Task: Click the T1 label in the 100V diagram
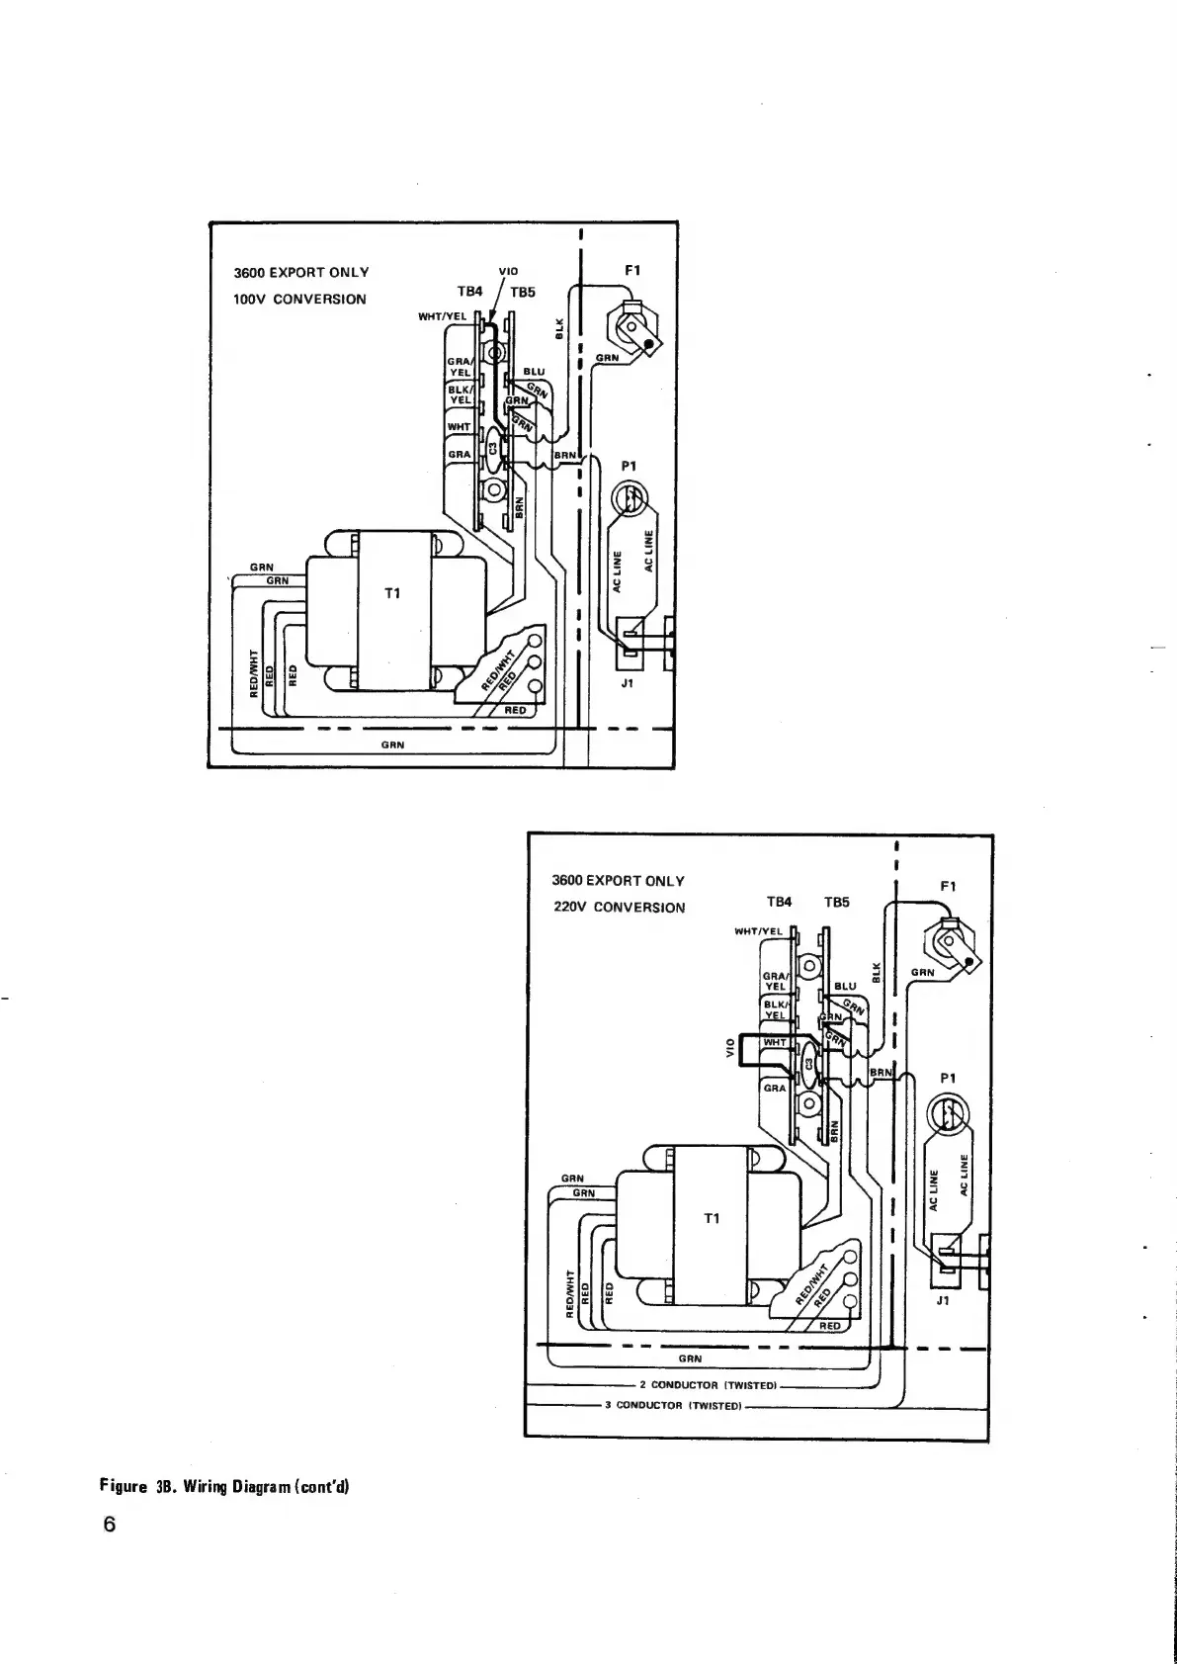[x=392, y=593]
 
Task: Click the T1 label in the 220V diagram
[x=712, y=1218]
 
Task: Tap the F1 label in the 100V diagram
[x=633, y=269]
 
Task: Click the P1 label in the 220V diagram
[x=947, y=1079]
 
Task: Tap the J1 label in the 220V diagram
[x=943, y=1301]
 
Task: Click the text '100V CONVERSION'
[x=299, y=299]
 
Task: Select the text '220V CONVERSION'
[x=619, y=908]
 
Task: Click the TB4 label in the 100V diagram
[x=469, y=292]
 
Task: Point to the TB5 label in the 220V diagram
[x=837, y=902]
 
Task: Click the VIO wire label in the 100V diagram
[x=509, y=270]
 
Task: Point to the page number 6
[x=110, y=1524]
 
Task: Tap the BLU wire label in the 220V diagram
[x=846, y=986]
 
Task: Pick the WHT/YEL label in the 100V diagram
[x=442, y=316]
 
